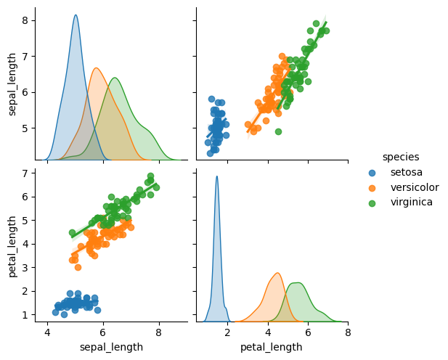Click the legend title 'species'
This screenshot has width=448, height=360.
[401, 157]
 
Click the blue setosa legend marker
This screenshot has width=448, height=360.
[372, 173]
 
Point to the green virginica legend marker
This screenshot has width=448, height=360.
[372, 202]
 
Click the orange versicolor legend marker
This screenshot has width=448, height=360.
[372, 187]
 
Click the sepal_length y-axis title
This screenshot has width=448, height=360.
[12, 83]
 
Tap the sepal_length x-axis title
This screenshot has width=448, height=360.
[110, 348]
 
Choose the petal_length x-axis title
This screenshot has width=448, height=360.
[272, 348]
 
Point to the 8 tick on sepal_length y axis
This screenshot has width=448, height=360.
[25, 20]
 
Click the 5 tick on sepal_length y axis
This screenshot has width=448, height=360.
[25, 128]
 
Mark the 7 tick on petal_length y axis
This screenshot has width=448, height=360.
[25, 173]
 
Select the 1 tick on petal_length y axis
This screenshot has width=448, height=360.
[25, 314]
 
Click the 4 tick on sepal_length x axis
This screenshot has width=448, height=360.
[48, 333]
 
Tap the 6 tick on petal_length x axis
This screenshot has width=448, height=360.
[308, 333]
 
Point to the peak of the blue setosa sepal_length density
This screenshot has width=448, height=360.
[76, 15]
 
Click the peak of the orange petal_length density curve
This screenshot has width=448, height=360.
[277, 273]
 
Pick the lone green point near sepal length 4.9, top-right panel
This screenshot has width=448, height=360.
[278, 131]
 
